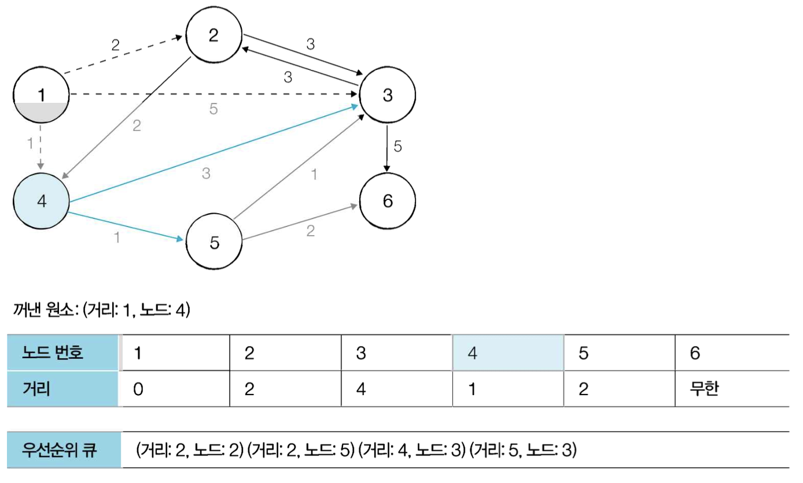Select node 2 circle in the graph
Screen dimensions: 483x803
point(213,36)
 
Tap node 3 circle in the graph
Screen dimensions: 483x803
point(387,95)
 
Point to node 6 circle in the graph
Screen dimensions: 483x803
point(387,201)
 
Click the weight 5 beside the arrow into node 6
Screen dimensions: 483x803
point(397,146)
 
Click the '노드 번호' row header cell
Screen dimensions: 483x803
point(63,353)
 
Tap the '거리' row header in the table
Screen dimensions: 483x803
point(63,389)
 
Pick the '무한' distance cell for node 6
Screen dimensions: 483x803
point(731,389)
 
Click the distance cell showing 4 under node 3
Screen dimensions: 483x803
point(397,389)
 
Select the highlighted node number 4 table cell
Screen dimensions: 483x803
point(508,353)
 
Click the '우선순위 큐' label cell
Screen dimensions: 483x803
point(63,449)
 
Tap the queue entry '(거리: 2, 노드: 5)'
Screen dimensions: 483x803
point(300,449)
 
